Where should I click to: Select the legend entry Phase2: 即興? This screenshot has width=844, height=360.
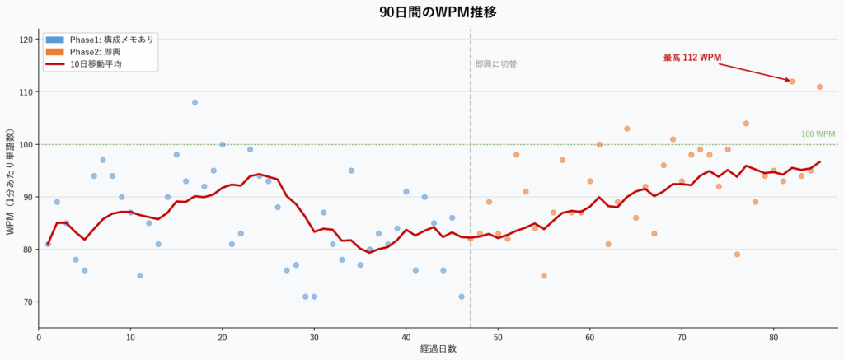95,52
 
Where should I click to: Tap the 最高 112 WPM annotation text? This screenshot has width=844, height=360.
692,58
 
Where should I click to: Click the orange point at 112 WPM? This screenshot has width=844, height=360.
792,82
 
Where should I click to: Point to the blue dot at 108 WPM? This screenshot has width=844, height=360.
195,102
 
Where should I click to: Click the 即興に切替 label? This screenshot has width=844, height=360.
496,64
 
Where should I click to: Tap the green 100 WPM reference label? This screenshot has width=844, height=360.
818,134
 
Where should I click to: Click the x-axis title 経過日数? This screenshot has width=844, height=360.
438,349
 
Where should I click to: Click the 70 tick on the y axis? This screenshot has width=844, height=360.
27,302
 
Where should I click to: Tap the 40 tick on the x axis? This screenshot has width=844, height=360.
406,336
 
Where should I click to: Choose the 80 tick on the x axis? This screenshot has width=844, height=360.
773,336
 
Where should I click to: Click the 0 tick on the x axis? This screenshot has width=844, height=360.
39,336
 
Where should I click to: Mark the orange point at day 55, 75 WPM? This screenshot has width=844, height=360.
544,275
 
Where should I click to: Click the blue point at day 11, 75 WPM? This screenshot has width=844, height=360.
140,275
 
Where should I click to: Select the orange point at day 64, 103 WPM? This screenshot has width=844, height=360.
626,129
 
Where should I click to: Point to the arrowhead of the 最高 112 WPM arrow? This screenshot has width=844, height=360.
788,80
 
